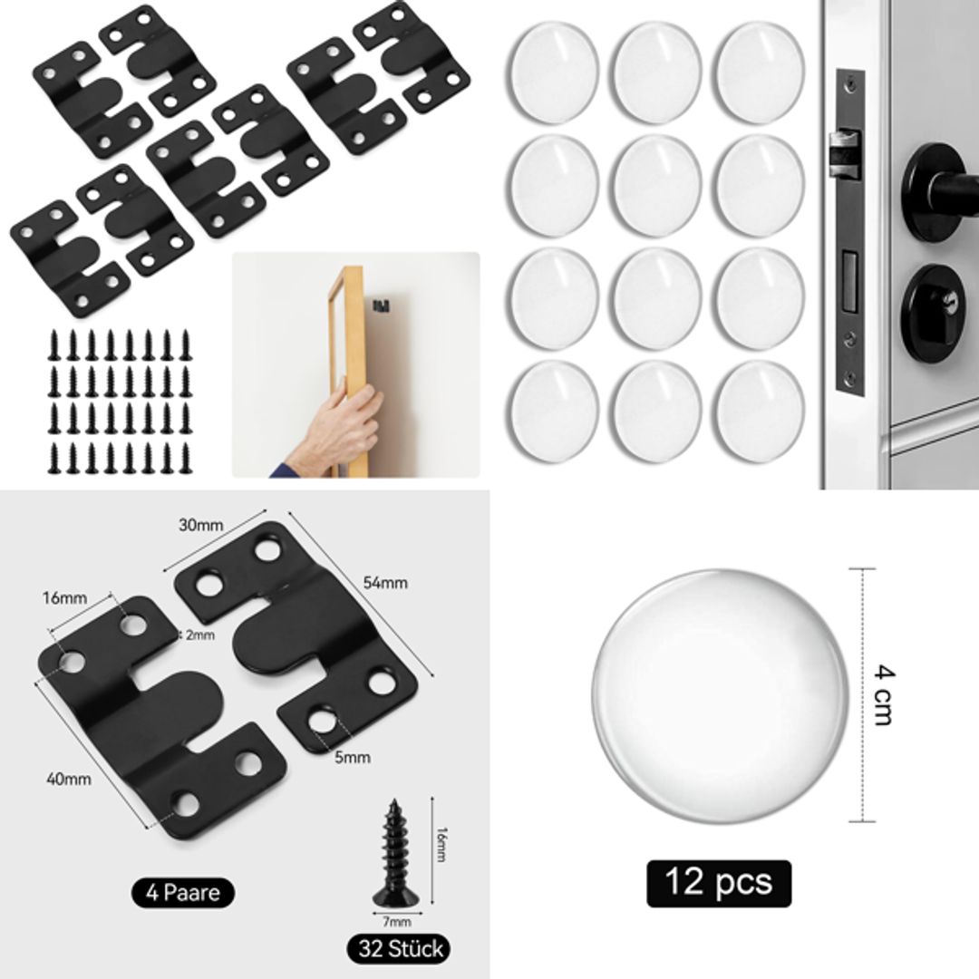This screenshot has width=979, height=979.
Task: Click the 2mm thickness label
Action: [x=200, y=635]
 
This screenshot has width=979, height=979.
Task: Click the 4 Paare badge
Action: [x=183, y=893]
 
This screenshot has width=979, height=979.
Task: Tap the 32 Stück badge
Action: [x=398, y=949]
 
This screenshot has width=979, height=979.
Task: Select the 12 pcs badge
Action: [x=718, y=883]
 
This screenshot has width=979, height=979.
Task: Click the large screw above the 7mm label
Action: [x=394, y=852]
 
